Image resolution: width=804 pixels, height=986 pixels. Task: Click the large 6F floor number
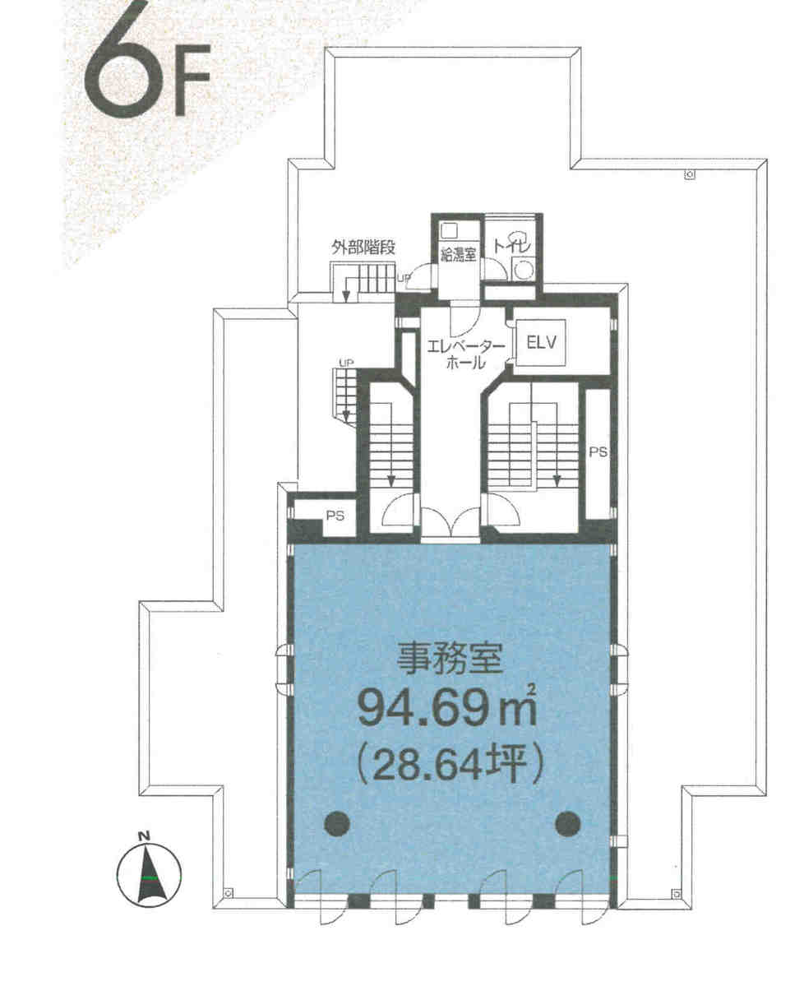pos(146,68)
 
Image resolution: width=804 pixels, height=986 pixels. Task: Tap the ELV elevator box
pos(541,344)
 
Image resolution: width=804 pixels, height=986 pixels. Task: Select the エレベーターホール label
pos(465,354)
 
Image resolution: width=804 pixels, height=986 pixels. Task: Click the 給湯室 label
pos(458,254)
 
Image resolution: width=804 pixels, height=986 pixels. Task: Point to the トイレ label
pos(512,244)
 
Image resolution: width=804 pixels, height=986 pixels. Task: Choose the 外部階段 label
pos(363,248)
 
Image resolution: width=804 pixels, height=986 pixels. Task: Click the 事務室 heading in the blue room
pos(450,659)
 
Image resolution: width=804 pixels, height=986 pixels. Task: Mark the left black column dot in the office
pos(337,822)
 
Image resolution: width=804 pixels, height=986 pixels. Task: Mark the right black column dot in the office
pos(567,822)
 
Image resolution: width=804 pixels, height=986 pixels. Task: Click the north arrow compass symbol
pos(149,872)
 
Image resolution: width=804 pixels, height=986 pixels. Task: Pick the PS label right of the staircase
pos(598,451)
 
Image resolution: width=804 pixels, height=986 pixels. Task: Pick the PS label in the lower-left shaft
pos(335,516)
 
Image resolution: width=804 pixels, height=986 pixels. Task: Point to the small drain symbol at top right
pos(690,175)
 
